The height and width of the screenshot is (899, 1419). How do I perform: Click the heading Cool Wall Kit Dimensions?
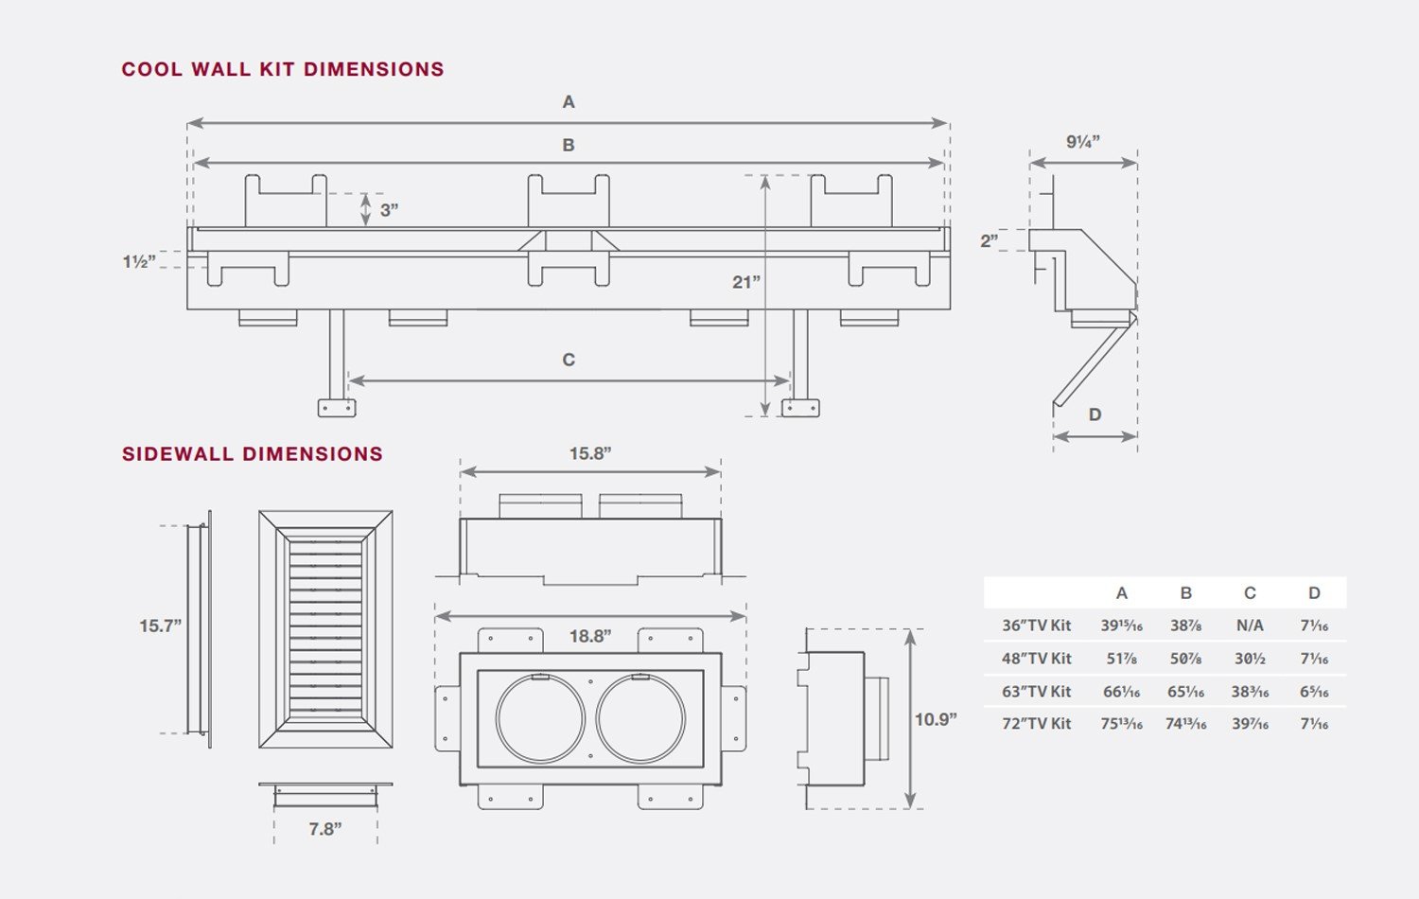pyautogui.click(x=283, y=69)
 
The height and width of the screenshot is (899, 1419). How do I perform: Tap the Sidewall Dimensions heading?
pyautogui.click(x=253, y=453)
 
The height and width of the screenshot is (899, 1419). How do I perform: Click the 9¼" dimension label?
pyautogui.click(x=1082, y=141)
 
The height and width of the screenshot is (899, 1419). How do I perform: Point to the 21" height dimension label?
pyautogui.click(x=746, y=282)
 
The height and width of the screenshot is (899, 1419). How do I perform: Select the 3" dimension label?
pyautogui.click(x=389, y=210)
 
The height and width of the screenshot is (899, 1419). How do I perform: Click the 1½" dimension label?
pyautogui.click(x=139, y=261)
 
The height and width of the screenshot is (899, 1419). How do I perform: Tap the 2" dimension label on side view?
pyautogui.click(x=990, y=240)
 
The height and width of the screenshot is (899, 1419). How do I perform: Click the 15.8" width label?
pyautogui.click(x=589, y=453)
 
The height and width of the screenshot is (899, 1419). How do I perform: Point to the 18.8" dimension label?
pyautogui.click(x=589, y=635)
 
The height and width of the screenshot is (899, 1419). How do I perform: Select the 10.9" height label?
pyautogui.click(x=936, y=719)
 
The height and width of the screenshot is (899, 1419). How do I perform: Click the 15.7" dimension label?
pyautogui.click(x=160, y=626)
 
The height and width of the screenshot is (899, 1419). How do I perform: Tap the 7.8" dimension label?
pyautogui.click(x=325, y=829)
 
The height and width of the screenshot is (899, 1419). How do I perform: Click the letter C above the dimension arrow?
pyautogui.click(x=569, y=360)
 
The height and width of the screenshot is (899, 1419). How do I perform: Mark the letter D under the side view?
pyautogui.click(x=1095, y=414)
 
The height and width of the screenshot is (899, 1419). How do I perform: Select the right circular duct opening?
pyautogui.click(x=596, y=719)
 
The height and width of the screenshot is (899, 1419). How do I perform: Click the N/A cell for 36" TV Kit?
pyautogui.click(x=1250, y=626)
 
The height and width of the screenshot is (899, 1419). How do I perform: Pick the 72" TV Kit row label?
pyautogui.click(x=1037, y=724)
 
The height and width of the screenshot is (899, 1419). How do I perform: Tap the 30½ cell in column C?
pyautogui.click(x=1250, y=659)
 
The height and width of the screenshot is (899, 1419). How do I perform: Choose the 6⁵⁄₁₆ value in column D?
pyautogui.click(x=1314, y=691)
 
